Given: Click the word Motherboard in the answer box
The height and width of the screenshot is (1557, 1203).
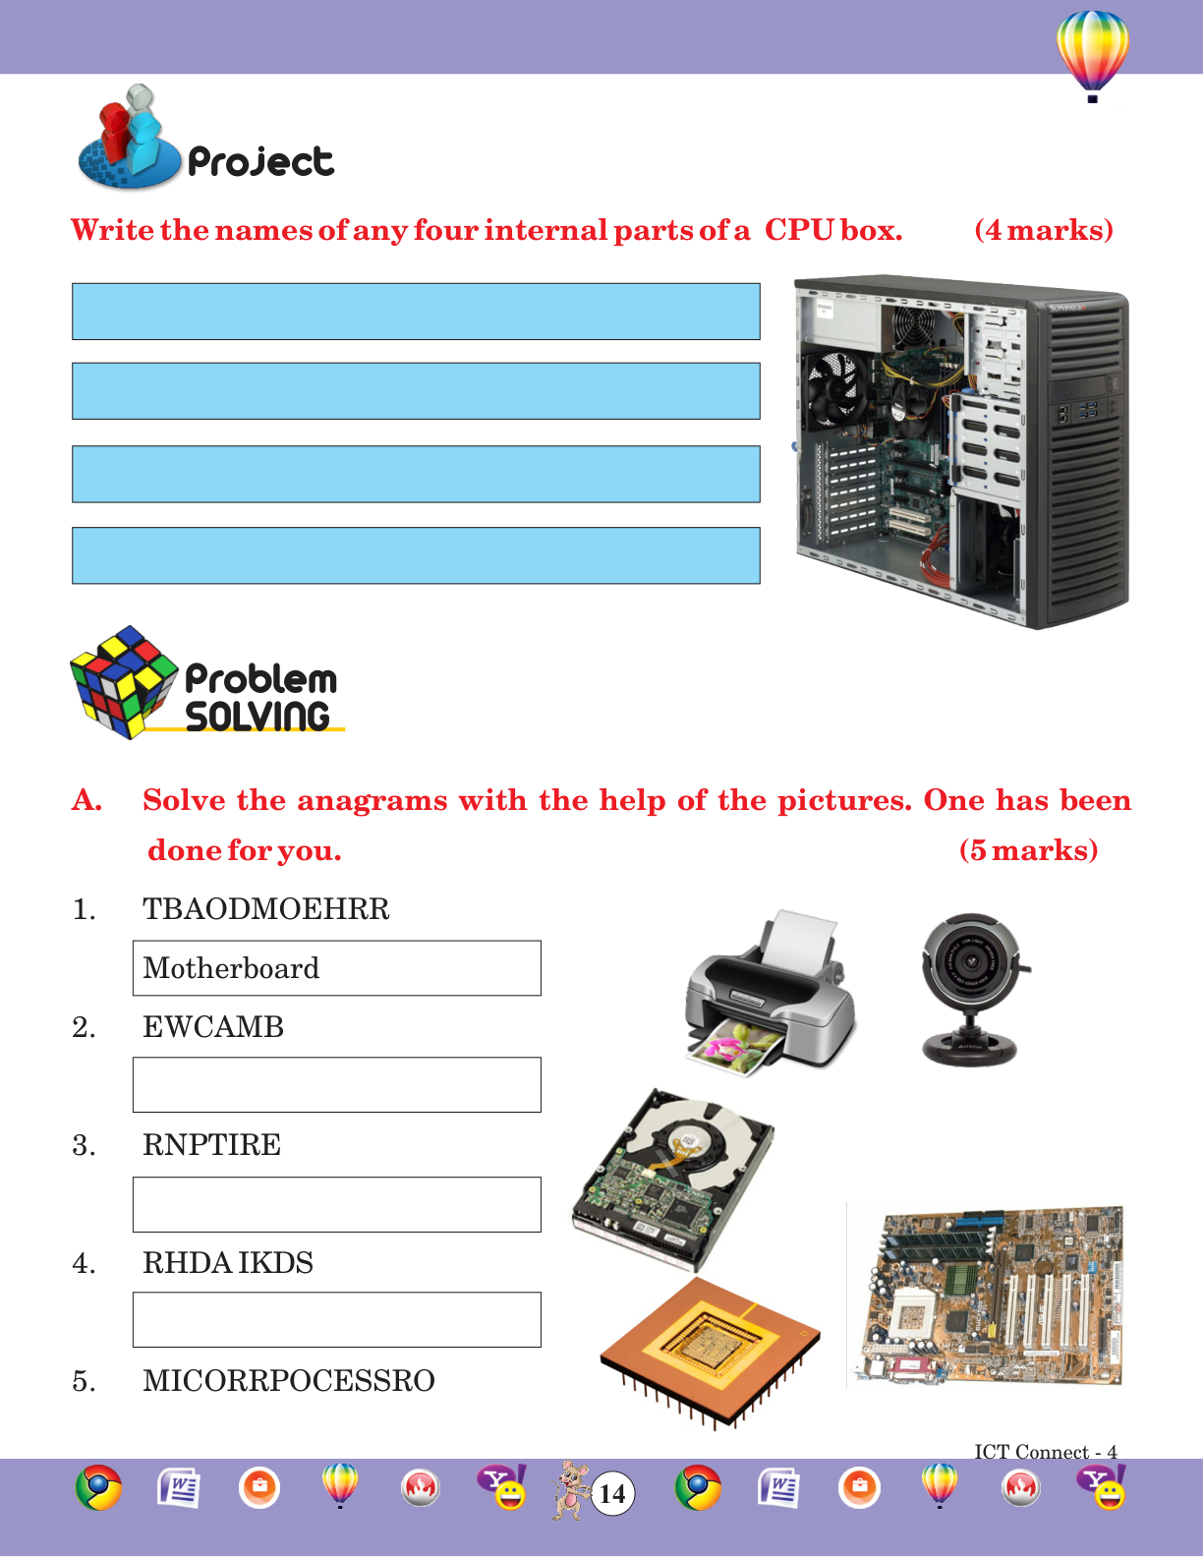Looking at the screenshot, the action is [231, 968].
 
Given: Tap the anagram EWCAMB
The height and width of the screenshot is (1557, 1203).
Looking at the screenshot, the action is [213, 1027].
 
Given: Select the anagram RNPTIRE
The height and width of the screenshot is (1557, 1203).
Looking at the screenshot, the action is [211, 1144].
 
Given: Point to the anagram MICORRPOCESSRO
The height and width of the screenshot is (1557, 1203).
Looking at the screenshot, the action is [289, 1381].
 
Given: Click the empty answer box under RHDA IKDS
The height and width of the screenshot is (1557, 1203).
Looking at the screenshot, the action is [337, 1320].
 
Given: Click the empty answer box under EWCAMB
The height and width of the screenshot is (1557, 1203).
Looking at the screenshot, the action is [337, 1085].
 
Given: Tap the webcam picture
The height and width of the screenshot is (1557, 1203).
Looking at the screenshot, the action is [972, 989].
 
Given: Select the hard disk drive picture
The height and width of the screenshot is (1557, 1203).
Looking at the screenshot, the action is [673, 1179].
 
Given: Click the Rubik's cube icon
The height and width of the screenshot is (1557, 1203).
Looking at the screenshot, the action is [123, 681].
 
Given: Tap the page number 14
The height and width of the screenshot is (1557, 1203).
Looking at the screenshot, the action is [612, 1494].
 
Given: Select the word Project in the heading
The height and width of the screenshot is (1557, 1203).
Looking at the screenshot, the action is [260, 162].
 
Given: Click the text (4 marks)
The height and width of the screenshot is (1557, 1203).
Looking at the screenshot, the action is [1043, 230].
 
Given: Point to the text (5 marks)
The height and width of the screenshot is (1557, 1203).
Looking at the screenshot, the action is [1028, 850].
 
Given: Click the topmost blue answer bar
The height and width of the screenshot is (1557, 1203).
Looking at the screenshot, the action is [416, 311].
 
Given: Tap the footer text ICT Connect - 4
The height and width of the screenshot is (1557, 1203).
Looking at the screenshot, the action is [1046, 1451].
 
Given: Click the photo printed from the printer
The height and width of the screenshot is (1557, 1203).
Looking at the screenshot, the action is [734, 1049].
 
